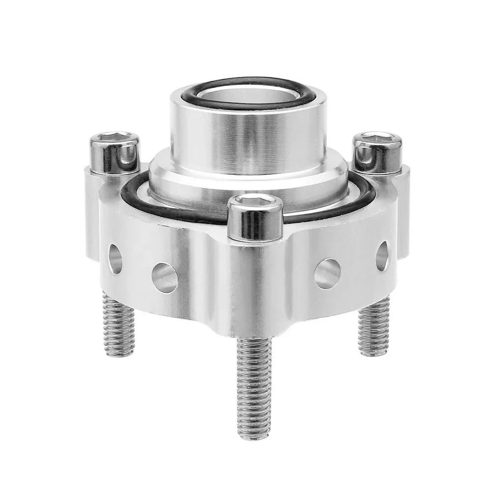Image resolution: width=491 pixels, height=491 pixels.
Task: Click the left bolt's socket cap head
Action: pyautogui.click(x=113, y=153)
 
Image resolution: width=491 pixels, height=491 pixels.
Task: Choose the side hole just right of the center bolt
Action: pyautogui.click(x=327, y=273)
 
